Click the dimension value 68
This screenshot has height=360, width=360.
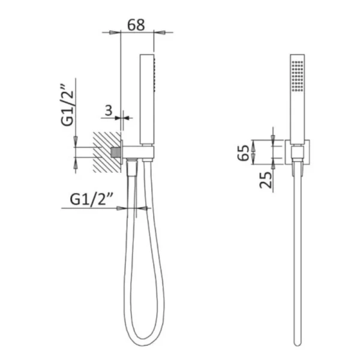point(136,25)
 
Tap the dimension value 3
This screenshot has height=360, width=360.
point(109,110)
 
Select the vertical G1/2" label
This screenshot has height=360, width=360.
point(67,105)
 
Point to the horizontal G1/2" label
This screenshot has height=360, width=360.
point(91,199)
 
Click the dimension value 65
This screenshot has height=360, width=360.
point(244,152)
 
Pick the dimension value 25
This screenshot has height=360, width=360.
point(265,180)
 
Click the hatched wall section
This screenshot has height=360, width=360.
point(107,152)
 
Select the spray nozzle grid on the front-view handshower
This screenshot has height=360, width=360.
point(298,76)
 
